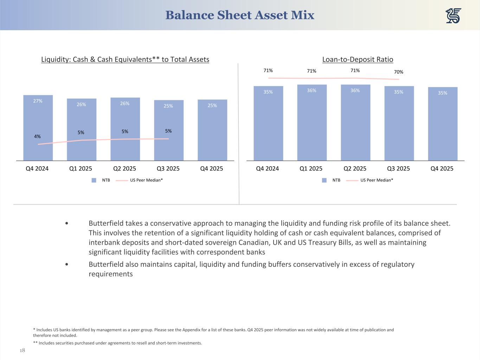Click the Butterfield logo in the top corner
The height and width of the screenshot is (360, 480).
tap(453, 16)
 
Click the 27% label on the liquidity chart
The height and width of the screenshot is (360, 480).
tap(38, 101)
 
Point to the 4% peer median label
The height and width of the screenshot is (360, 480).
tap(37, 136)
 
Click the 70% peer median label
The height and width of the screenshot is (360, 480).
tap(398, 72)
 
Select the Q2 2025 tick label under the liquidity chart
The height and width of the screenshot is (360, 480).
tap(124, 168)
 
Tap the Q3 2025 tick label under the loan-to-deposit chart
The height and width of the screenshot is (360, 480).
tap(398, 168)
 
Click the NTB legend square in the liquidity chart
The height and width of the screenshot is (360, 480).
tap(94, 180)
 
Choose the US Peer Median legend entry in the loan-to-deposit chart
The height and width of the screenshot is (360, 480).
tap(377, 180)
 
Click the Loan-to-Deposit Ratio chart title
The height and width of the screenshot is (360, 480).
tap(358, 59)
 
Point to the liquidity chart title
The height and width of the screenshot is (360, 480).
tap(125, 59)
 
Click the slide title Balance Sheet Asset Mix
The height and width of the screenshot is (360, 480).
tap(240, 15)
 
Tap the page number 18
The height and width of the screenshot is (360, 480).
tap(23, 351)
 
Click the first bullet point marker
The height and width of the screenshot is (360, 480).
tap(67, 224)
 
